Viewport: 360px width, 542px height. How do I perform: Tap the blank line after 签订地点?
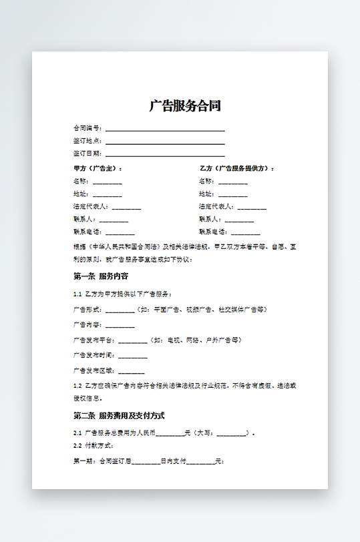click(165, 141)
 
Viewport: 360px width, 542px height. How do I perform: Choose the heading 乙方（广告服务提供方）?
click(237, 168)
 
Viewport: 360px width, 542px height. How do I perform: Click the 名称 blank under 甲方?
click(108, 182)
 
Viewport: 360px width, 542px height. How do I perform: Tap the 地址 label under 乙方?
click(206, 194)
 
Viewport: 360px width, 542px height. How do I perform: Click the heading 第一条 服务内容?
click(101, 276)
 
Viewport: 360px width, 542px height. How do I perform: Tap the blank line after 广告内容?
click(120, 325)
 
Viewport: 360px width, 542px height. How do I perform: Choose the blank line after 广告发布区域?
click(131, 370)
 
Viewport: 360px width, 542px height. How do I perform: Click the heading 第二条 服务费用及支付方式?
click(119, 416)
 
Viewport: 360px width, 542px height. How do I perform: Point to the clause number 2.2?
click(77, 445)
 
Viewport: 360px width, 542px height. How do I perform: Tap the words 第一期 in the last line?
click(83, 461)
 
